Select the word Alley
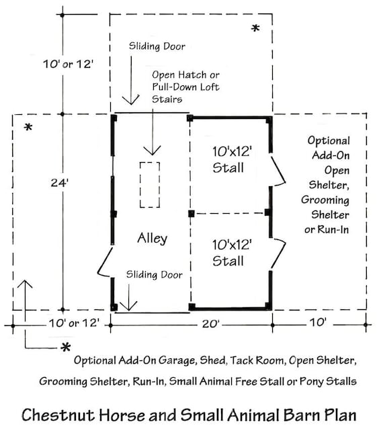152,238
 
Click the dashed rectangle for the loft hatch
149,184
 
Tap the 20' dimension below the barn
211,323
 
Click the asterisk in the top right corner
255,29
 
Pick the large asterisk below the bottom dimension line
66,348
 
